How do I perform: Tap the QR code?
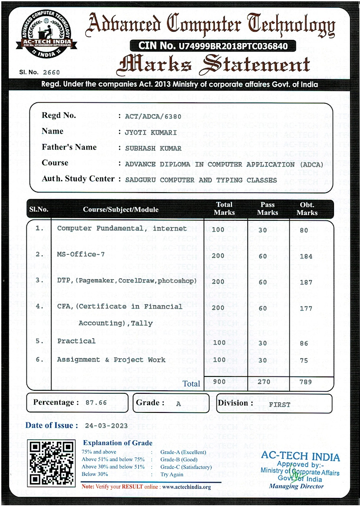tap(51, 462)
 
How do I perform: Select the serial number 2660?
tap(52, 72)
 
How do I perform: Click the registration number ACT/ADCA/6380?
tap(153, 116)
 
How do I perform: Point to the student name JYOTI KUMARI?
tap(151, 132)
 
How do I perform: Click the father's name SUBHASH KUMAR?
tap(153, 148)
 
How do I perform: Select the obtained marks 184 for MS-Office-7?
tap(306, 256)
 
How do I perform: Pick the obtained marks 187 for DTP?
tap(306, 282)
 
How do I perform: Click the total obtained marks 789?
tap(306, 382)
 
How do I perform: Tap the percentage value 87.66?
tap(96, 402)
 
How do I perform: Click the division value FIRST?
tap(279, 404)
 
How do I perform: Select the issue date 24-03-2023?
tap(106, 425)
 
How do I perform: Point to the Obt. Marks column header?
tap(307, 209)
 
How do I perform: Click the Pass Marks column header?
tap(267, 209)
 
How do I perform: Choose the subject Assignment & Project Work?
tap(111, 360)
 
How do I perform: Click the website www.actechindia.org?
tap(187, 487)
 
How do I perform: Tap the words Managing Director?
tap(296, 486)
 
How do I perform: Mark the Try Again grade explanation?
tap(172, 474)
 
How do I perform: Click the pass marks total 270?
tap(264, 382)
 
